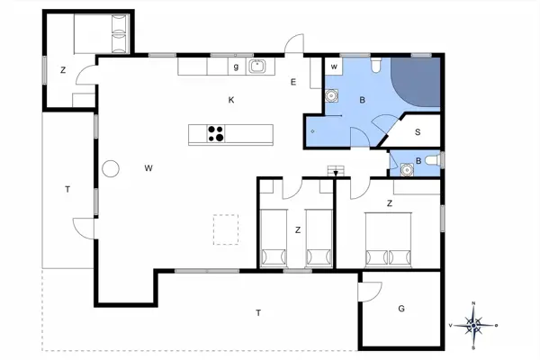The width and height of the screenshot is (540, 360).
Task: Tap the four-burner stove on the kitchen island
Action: pyautogui.click(x=216, y=134)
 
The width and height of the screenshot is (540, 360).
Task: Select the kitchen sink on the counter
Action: pyautogui.click(x=257, y=66)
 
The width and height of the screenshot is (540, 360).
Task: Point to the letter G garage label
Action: pyautogui.click(x=401, y=309)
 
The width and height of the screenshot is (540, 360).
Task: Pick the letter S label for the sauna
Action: pyautogui.click(x=418, y=131)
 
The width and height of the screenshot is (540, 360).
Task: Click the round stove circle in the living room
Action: pyautogui.click(x=112, y=168)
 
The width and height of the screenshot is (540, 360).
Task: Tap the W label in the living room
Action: pyautogui.click(x=148, y=167)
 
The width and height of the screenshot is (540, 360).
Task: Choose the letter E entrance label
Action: pyautogui.click(x=293, y=83)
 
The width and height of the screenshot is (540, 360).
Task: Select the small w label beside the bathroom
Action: pyautogui.click(x=333, y=67)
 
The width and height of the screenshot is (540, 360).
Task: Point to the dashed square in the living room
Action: pyautogui.click(x=225, y=229)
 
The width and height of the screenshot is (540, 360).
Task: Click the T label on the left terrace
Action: pyautogui.click(x=67, y=189)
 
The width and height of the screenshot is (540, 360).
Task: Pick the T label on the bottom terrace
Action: pyautogui.click(x=258, y=312)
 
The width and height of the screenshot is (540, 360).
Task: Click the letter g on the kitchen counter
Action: pyautogui.click(x=236, y=66)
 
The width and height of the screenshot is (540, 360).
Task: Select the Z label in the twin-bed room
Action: pyautogui.click(x=297, y=230)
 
